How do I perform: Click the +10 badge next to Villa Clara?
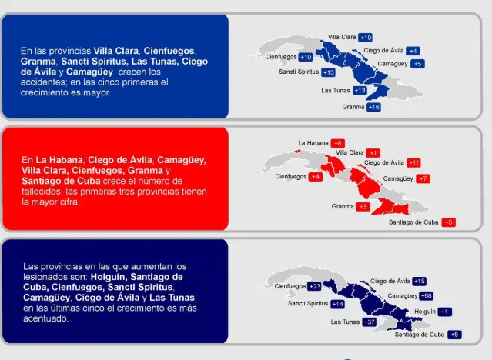(365, 38)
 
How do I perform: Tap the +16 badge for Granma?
(373, 107)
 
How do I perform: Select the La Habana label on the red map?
(313, 143)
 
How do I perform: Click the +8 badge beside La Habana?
(337, 143)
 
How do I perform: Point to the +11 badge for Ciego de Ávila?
(413, 163)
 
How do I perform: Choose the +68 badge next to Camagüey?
(427, 295)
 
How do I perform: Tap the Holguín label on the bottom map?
(425, 312)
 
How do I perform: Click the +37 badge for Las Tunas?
(369, 322)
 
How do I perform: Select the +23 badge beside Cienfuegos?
(314, 286)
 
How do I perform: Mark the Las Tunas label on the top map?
(336, 91)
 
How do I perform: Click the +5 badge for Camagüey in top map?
(417, 64)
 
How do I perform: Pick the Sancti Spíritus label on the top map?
(299, 72)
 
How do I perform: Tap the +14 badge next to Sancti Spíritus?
(337, 304)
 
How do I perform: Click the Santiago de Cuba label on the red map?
(413, 222)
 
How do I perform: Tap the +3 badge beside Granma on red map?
(363, 207)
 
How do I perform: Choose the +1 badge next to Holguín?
(444, 312)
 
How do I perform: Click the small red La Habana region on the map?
(298, 152)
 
